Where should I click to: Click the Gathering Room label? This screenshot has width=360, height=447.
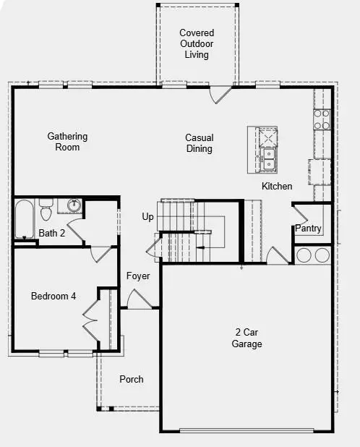pyautogui.click(x=68, y=142)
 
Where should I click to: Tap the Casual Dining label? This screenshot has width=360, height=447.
pyautogui.click(x=199, y=143)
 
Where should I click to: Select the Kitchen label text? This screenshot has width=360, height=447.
pyautogui.click(x=277, y=187)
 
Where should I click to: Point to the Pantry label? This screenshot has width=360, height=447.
pyautogui.click(x=307, y=229)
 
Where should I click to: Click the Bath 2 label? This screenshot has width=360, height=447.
pyautogui.click(x=52, y=233)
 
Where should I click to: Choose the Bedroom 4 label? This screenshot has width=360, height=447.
pyautogui.click(x=53, y=296)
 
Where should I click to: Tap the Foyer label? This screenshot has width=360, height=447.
pyautogui.click(x=138, y=276)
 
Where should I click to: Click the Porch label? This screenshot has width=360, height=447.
pyautogui.click(x=132, y=379)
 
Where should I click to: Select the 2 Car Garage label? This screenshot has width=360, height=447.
pyautogui.click(x=247, y=339)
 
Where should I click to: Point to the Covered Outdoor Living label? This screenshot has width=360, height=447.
pyautogui.click(x=197, y=43)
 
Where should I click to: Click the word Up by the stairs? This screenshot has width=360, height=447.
pyautogui.click(x=147, y=216)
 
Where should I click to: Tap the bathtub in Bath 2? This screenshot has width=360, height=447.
pyautogui.click(x=24, y=219)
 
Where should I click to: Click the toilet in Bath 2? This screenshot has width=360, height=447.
pyautogui.click(x=46, y=210)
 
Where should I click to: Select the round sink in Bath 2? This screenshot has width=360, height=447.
pyautogui.click(x=73, y=206)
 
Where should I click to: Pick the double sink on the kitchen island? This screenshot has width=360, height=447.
pyautogui.click(x=268, y=158)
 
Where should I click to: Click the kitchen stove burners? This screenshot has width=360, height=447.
pyautogui.click(x=322, y=119)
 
